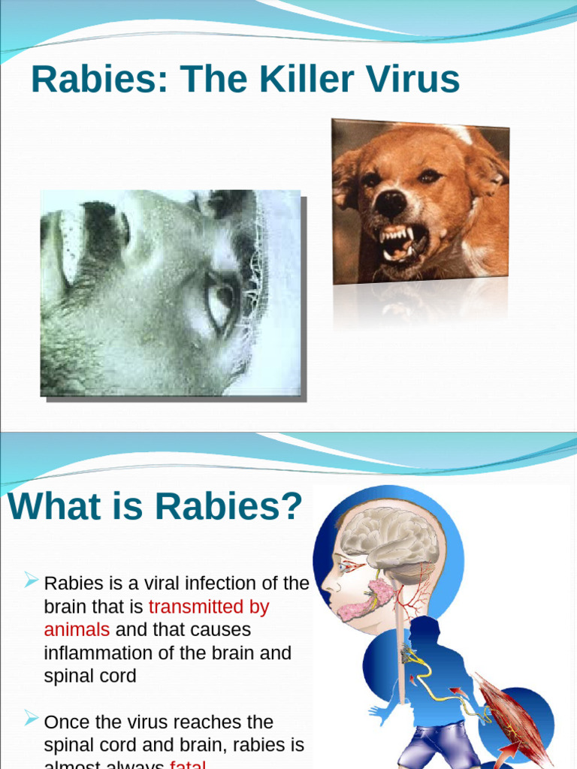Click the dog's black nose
pos(391,203)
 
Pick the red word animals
pos(77,629)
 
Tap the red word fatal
pos(188,764)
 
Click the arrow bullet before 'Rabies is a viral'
pos(32,579)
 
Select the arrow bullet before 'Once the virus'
pos(32,719)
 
